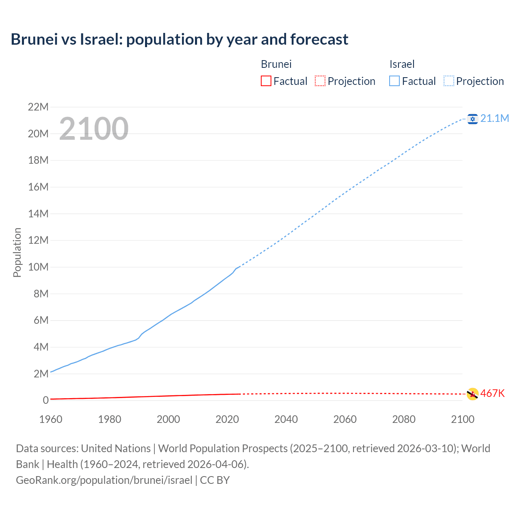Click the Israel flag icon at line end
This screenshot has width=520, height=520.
(x=472, y=119)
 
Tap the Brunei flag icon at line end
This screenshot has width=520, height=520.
(x=472, y=394)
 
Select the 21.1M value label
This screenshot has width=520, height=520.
(x=494, y=118)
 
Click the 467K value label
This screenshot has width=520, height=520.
(x=492, y=393)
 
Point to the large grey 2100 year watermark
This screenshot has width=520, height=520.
(x=94, y=129)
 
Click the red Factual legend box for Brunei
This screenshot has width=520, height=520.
(x=266, y=81)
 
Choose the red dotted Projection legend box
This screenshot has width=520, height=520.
(x=320, y=81)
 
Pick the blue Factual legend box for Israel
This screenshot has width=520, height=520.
(x=394, y=81)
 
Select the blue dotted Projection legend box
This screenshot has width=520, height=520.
(x=449, y=81)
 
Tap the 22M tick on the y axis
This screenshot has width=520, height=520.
(x=38, y=107)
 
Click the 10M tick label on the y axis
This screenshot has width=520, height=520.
(x=38, y=267)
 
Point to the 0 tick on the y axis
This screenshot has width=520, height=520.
(x=45, y=400)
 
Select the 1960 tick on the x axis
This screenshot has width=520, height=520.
(x=51, y=419)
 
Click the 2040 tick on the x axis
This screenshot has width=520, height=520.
(x=286, y=419)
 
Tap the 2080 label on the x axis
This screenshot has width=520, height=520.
(x=404, y=419)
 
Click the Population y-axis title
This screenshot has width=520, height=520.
(x=17, y=252)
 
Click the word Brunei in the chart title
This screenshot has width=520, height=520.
(x=34, y=39)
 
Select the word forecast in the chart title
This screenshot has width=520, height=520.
(x=319, y=39)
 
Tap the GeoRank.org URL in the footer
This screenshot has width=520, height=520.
(x=104, y=480)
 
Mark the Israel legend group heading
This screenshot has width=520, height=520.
(x=402, y=64)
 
